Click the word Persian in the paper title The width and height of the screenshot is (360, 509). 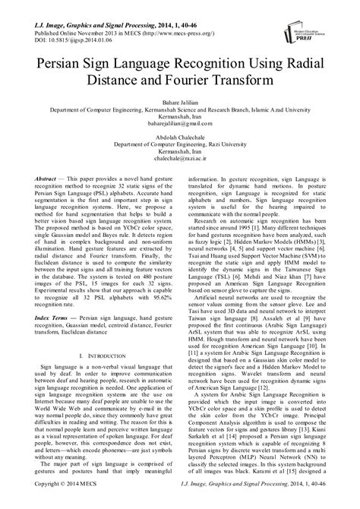click(62, 63)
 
